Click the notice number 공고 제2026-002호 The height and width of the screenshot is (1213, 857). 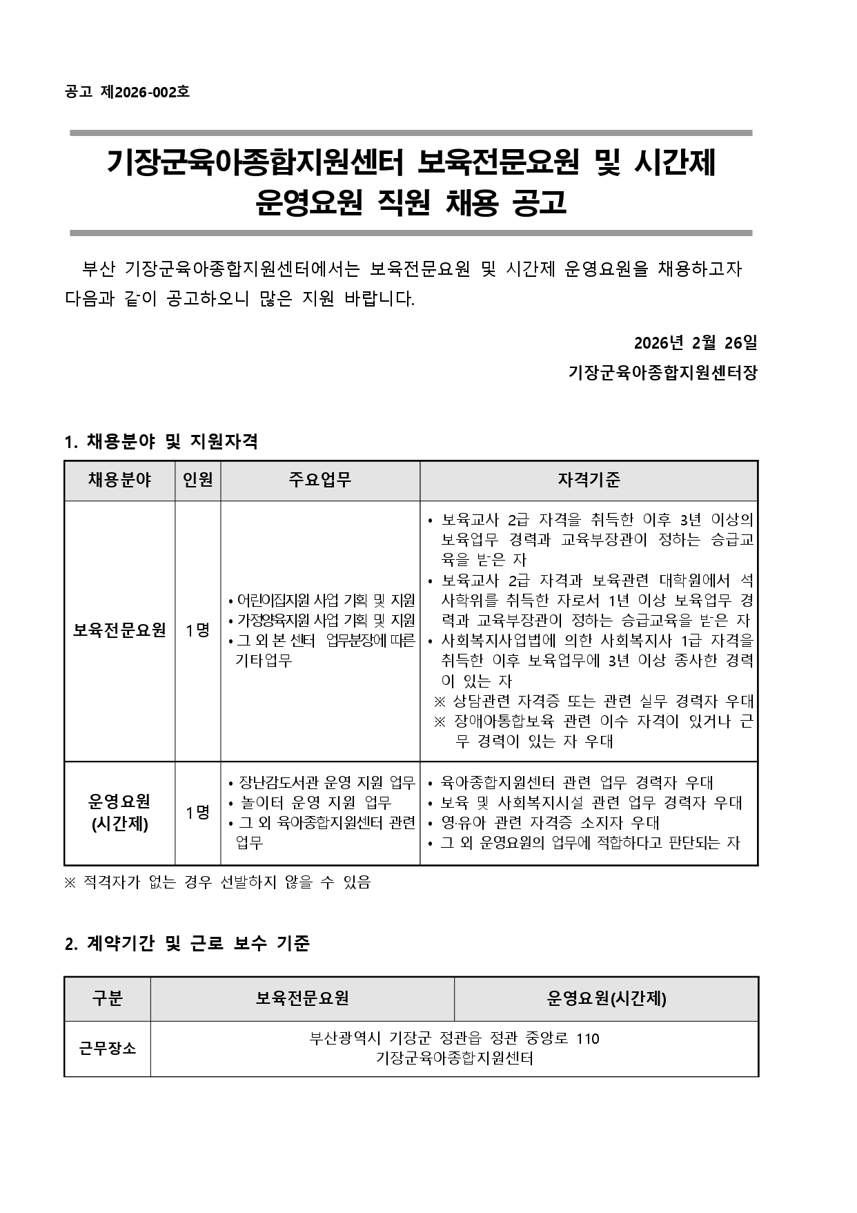127,92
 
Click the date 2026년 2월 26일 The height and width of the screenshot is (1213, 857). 696,342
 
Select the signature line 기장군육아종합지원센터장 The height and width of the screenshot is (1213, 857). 662,373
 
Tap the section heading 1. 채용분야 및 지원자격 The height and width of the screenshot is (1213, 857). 161,442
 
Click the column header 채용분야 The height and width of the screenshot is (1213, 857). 119,480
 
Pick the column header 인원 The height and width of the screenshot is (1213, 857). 197,480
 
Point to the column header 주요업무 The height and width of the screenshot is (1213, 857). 319,480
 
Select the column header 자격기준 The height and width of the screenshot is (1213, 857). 589,480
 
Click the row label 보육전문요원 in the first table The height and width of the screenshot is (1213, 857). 119,630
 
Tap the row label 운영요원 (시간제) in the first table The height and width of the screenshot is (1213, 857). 119,813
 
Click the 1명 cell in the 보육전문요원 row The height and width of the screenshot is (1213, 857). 197,630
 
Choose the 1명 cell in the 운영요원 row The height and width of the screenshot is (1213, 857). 197,813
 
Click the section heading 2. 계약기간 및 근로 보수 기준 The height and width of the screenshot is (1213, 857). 187,943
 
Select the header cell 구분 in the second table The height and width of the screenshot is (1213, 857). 107,998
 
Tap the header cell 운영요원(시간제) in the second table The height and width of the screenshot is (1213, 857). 606,998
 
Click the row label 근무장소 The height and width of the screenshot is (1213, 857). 107,1048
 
